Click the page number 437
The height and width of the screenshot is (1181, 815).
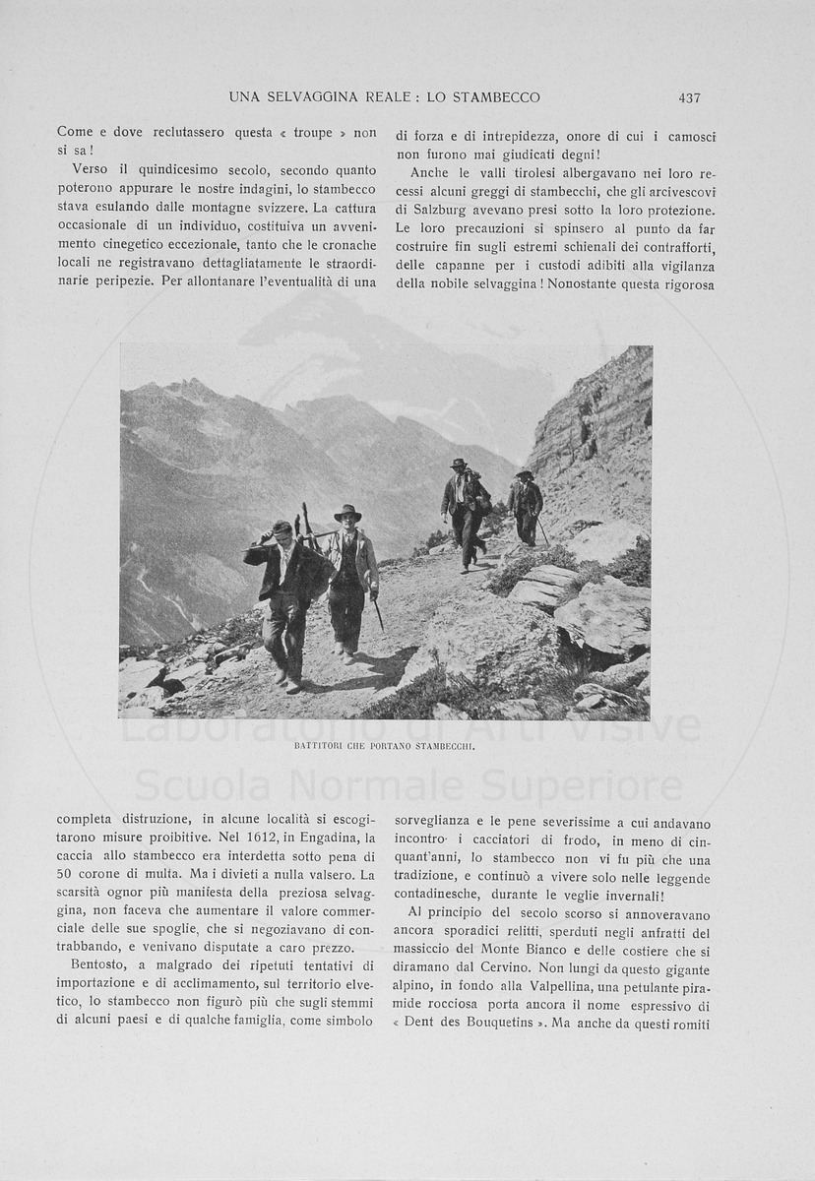pyautogui.click(x=689, y=97)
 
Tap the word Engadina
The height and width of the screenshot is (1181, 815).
pyautogui.click(x=335, y=838)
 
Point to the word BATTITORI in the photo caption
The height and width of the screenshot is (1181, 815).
pyautogui.click(x=322, y=747)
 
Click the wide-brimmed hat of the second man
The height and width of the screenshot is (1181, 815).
pyautogui.click(x=346, y=513)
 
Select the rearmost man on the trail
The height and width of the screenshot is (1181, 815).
pyautogui.click(x=526, y=506)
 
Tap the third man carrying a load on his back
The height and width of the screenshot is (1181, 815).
pyautogui.click(x=464, y=512)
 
